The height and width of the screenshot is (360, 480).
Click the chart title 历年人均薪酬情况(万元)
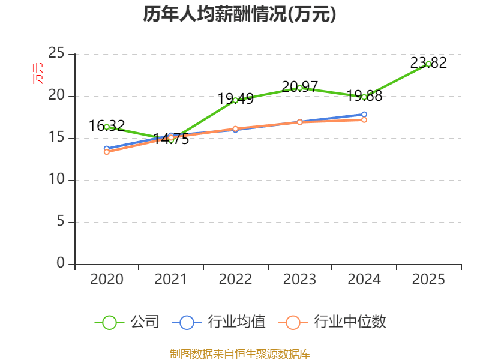239,14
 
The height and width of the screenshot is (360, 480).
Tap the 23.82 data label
428,62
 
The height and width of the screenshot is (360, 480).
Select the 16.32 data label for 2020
107,125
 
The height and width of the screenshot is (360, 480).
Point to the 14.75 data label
171,140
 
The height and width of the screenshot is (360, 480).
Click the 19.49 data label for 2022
235,98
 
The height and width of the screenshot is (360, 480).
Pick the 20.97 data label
299,86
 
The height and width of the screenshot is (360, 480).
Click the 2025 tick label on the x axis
428,280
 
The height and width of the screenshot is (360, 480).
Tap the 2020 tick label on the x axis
107,280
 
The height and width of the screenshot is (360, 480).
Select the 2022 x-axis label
235,280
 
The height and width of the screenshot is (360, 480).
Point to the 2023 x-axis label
299,280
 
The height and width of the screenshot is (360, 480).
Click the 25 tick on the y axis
56,54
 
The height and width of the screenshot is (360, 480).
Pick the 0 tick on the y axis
61,264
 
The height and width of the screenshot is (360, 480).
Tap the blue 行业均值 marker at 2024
364,114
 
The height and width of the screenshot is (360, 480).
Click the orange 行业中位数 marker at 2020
107,152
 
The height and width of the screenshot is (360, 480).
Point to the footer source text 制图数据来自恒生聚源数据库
239,353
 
